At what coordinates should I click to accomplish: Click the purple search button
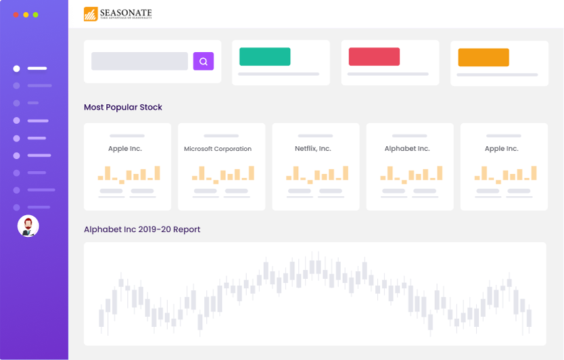pos(204,61)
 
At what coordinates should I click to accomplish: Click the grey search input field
pos(139,61)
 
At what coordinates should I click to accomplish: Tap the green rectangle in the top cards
pos(264,57)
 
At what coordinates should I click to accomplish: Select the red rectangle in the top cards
pos(374,57)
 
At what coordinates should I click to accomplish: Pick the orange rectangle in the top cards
pos(484,58)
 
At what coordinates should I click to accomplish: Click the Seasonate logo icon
pos(91,14)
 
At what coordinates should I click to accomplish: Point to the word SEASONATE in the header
pos(126,12)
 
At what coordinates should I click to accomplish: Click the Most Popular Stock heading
pos(123,107)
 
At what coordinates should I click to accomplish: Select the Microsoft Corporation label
pos(218,149)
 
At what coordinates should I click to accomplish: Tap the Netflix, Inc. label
pos(313,148)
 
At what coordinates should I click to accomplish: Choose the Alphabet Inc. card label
pos(407,148)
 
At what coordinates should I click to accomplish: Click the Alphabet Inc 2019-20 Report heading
pos(142,229)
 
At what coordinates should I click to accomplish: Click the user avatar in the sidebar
pos(28,226)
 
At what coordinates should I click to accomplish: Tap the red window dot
pos(16,14)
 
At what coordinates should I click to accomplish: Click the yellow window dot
pos(26,14)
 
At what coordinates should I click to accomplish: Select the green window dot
pos(35,14)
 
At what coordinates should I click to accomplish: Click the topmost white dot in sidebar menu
pos(16,68)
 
